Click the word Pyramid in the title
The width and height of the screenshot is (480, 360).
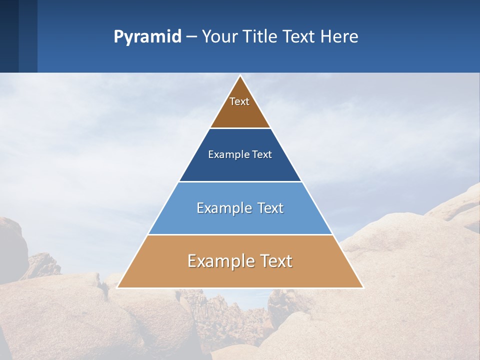[x=147, y=37]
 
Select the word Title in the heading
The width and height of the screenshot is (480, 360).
[x=261, y=37]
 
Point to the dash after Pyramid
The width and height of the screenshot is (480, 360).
[x=191, y=37]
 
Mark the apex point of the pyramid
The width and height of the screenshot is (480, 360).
[x=240, y=76]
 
